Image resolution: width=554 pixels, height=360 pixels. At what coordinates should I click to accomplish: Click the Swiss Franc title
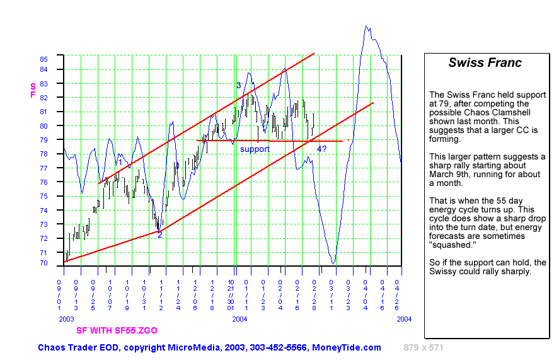click(485, 62)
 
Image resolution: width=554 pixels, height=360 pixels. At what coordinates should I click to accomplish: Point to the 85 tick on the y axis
click(43, 59)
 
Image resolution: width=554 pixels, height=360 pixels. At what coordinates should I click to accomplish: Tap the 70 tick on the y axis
click(43, 263)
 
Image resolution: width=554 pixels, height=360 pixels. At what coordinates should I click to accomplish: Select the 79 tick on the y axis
click(43, 140)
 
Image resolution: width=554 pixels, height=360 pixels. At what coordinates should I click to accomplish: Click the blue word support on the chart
click(255, 149)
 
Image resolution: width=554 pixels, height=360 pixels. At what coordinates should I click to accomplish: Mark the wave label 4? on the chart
click(321, 149)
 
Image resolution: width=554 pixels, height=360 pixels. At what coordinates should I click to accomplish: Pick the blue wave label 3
click(239, 85)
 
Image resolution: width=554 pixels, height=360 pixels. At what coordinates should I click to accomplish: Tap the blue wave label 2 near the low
click(159, 235)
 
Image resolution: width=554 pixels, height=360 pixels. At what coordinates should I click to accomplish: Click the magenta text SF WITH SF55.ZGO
click(117, 330)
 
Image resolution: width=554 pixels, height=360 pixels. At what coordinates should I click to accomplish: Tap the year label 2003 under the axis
click(66, 320)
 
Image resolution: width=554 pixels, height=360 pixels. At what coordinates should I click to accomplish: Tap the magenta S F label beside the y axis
click(33, 90)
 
